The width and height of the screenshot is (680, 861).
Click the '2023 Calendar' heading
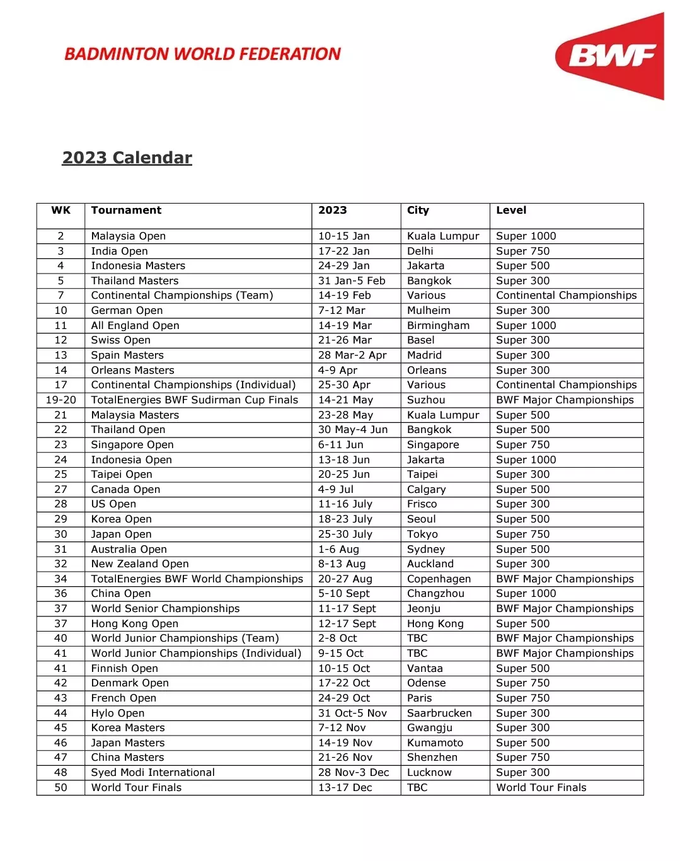[127, 158]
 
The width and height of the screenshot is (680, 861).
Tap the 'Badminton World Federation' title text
[202, 54]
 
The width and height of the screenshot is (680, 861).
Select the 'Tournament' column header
[126, 211]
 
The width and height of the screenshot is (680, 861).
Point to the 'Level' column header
[511, 211]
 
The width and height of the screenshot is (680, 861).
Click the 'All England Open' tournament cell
[135, 325]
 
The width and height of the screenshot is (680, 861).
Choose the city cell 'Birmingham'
[438, 325]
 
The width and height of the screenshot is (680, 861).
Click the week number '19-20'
[61, 400]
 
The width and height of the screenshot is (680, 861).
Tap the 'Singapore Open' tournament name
[132, 444]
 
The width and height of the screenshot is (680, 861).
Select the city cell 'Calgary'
[426, 489]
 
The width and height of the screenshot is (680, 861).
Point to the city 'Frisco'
[422, 504]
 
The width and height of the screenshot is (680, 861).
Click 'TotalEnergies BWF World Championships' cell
[197, 579]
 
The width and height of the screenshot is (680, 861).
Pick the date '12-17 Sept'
[347, 623]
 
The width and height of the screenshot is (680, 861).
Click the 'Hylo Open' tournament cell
[117, 713]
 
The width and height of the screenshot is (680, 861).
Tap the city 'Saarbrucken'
[439, 713]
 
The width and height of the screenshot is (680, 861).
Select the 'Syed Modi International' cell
[153, 772]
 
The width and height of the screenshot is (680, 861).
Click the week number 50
[61, 787]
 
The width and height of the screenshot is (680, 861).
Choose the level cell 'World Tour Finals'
[541, 787]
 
